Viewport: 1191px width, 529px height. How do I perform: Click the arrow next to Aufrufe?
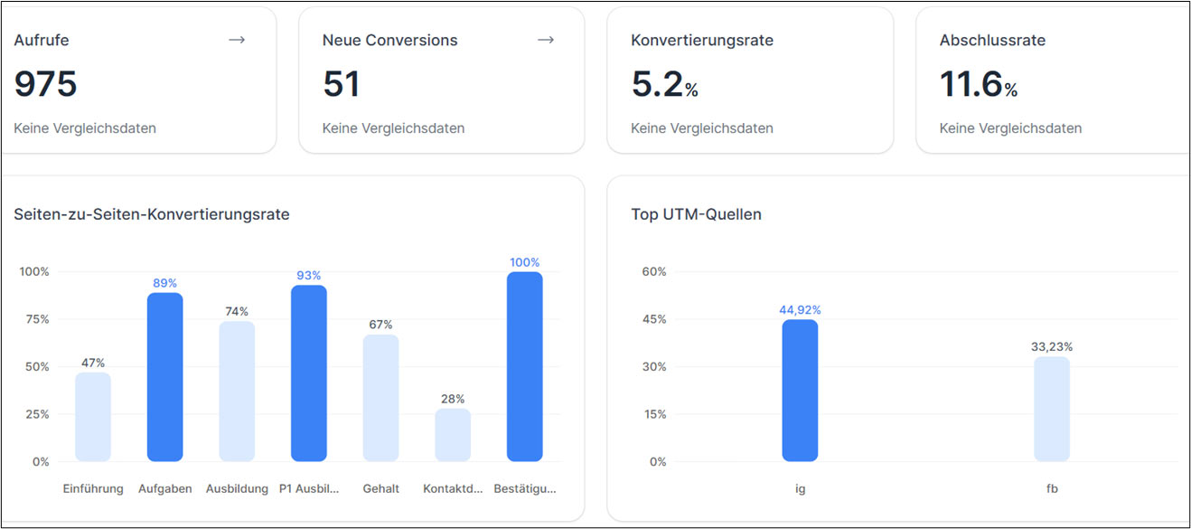[x=237, y=40]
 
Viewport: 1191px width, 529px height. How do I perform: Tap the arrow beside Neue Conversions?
[x=545, y=40]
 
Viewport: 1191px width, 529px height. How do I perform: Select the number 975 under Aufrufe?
[x=45, y=84]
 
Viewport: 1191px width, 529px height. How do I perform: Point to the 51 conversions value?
[x=341, y=84]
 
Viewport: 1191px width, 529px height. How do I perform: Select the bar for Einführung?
[x=93, y=417]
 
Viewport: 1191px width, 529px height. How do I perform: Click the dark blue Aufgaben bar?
[x=164, y=377]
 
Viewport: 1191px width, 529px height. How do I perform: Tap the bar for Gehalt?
[x=380, y=398]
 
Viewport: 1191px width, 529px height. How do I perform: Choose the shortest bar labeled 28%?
[x=453, y=435]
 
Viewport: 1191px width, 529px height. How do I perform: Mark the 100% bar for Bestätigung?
[x=524, y=366]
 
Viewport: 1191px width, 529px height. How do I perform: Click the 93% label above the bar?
[x=309, y=275]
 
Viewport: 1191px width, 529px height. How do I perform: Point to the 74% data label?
[x=237, y=311]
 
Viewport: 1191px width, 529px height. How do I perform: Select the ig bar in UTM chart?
[x=800, y=391]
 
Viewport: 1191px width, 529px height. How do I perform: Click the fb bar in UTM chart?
[x=1052, y=409]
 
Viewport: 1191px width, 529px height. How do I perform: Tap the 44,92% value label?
[x=800, y=310]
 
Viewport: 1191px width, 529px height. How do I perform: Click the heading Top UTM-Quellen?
[x=696, y=214]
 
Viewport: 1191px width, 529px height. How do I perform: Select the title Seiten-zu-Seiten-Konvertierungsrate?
[x=152, y=214]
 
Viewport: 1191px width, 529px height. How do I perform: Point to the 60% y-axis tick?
[x=653, y=271]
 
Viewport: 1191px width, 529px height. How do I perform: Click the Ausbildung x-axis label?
[x=237, y=488]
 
